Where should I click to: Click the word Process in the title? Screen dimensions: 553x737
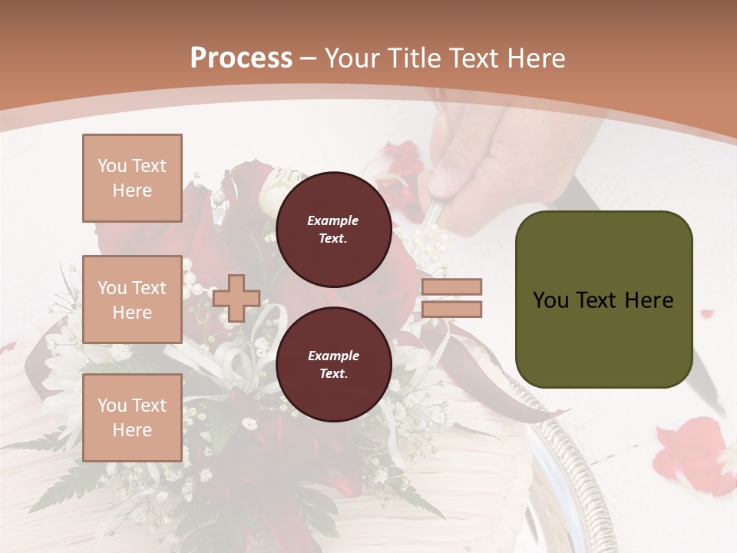coord(241,58)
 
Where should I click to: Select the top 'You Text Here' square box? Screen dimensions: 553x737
coord(132,178)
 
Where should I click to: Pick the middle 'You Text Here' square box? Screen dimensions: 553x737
coord(132,300)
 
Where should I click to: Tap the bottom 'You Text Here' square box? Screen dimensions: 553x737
coord(132,417)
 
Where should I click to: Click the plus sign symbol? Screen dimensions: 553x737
coord(236,298)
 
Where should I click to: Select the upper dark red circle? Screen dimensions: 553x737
coord(333,229)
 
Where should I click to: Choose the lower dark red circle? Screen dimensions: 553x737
coord(333,364)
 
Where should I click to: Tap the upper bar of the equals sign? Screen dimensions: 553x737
coord(452,286)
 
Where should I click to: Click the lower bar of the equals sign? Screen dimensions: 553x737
coord(452,309)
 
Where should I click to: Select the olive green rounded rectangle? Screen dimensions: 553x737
coord(603,300)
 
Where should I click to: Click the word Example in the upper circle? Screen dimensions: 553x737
coord(333,220)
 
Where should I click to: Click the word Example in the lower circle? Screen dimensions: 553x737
coord(333,356)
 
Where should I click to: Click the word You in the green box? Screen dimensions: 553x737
coord(551,300)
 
